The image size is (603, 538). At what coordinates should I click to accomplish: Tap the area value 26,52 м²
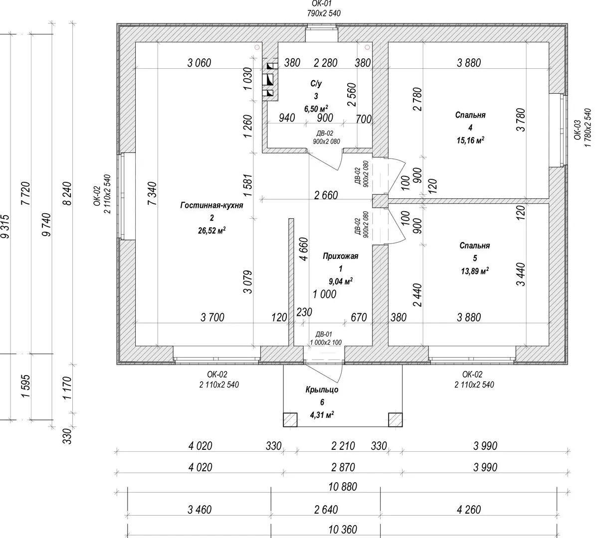(x=211, y=230)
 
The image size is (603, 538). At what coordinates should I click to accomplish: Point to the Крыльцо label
(x=322, y=390)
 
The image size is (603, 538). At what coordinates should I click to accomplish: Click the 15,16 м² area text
(x=470, y=140)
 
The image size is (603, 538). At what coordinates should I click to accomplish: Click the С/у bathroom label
(x=316, y=84)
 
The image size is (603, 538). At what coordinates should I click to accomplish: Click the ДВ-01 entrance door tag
(x=323, y=334)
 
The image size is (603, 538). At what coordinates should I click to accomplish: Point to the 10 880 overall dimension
(x=343, y=487)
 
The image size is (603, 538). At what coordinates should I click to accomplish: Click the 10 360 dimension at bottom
(x=343, y=530)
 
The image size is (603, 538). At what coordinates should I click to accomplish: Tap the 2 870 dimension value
(x=343, y=467)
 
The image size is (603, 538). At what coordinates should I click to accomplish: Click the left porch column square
(x=290, y=420)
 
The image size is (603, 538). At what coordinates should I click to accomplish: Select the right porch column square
(x=396, y=420)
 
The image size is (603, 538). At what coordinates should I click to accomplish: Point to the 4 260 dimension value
(x=469, y=510)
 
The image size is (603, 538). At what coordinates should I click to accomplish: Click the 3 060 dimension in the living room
(x=199, y=63)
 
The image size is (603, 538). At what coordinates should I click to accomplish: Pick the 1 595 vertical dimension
(x=26, y=387)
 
